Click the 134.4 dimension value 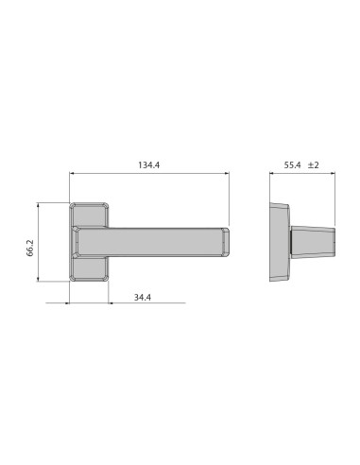(148, 165)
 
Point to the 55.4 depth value (291, 165)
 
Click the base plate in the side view (280, 242)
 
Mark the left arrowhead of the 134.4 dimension (73, 173)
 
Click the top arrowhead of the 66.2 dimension (38, 204)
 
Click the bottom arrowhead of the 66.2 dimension (38, 280)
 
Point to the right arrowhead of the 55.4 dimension (335, 173)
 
